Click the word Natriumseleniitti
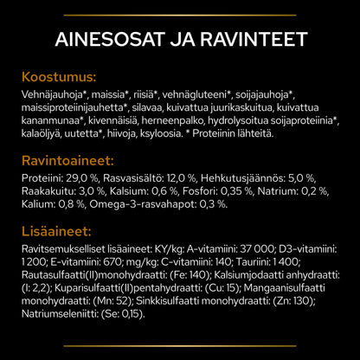coord(58,317)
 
